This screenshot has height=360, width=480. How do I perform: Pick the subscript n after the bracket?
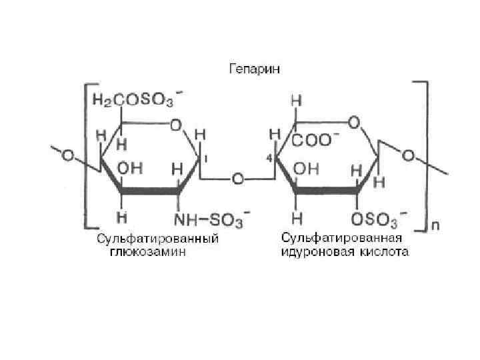[x=435, y=225]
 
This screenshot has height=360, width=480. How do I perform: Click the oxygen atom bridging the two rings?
[x=236, y=179]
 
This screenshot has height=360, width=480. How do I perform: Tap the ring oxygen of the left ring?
[x=175, y=125]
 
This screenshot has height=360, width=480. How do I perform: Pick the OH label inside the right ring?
[x=307, y=169]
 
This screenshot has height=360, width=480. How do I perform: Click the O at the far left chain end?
[x=68, y=156]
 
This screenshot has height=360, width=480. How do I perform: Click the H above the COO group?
[x=295, y=101]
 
